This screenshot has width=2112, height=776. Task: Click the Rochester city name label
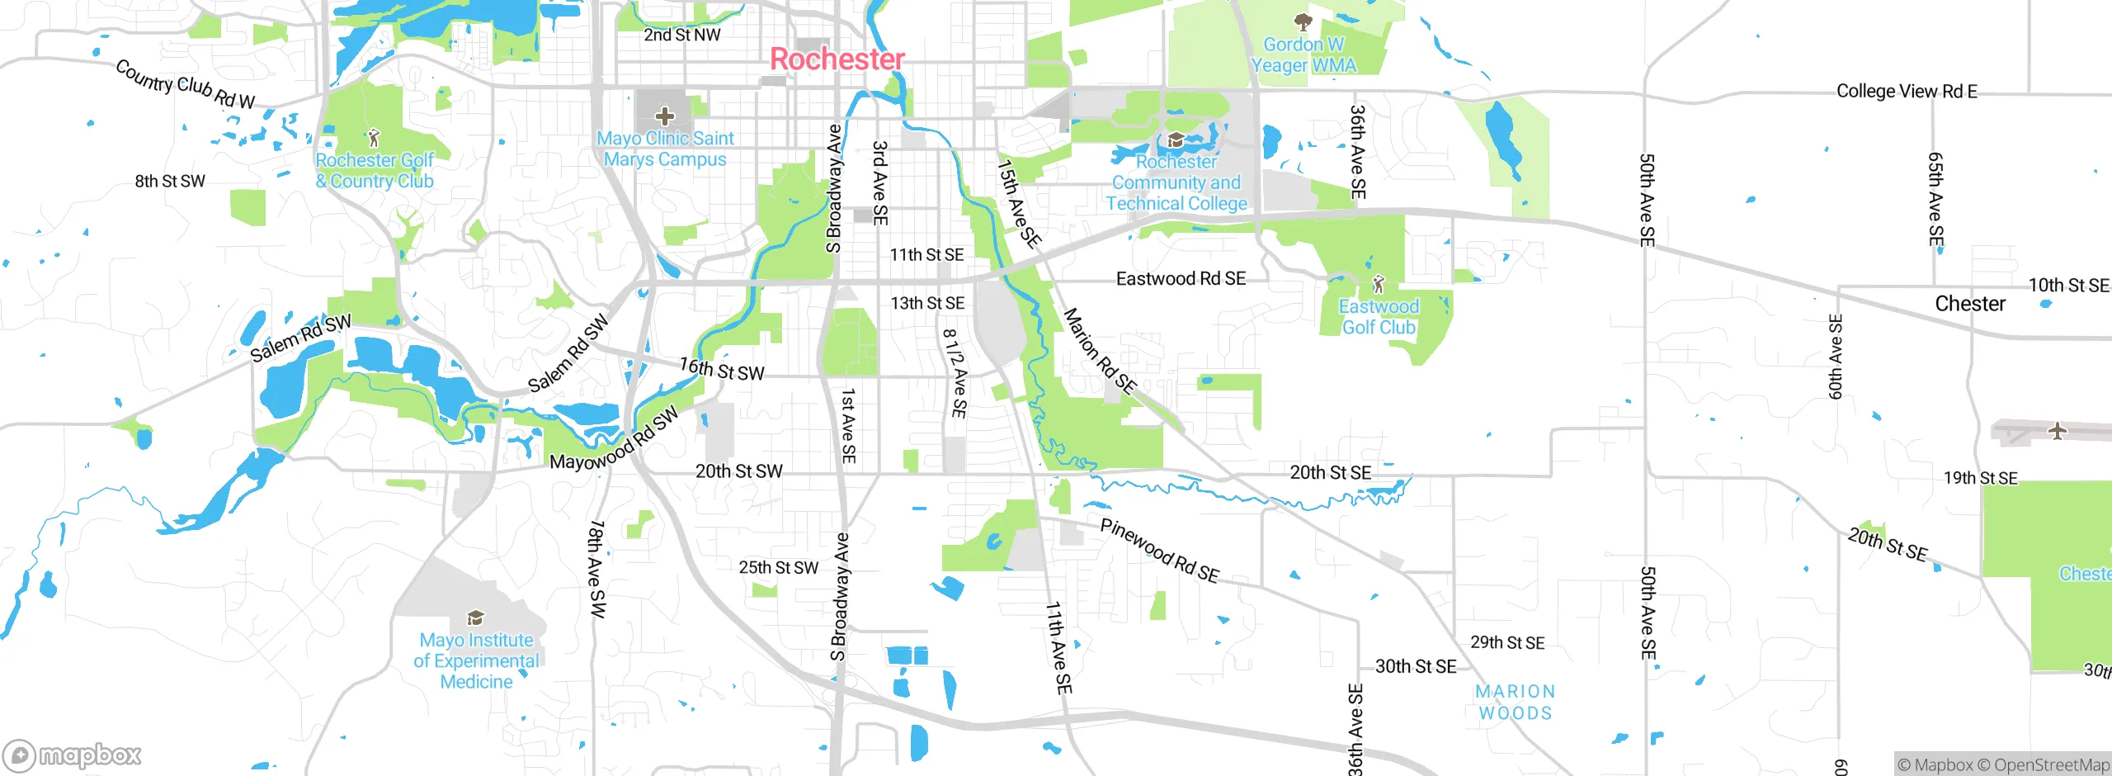coord(837,59)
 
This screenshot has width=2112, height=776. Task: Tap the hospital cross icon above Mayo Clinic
coord(665,116)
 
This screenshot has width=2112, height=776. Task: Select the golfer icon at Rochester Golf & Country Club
coord(374,137)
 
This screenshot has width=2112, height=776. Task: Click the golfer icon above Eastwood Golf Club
coord(1378,285)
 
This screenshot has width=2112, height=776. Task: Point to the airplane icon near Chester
coord(2057,431)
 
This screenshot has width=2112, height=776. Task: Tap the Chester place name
coord(1969,304)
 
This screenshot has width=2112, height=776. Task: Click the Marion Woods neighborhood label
coord(1515,703)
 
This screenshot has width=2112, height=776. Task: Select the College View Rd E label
coord(1906,92)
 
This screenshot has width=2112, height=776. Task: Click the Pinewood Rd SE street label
coord(1159,551)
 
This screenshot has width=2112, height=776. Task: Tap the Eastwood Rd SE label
coord(1181,279)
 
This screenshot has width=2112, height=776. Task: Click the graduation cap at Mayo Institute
coord(475,617)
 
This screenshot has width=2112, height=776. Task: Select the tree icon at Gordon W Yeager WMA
coord(1303,21)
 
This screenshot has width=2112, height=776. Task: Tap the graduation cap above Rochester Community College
coord(1176,140)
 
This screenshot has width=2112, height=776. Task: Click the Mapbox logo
coord(73,755)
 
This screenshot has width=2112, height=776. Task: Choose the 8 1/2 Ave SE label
coord(955,373)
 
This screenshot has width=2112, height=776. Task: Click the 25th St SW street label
coord(778,568)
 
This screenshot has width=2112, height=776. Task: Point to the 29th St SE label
coord(1507,643)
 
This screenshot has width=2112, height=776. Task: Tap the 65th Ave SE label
coord(1935,199)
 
